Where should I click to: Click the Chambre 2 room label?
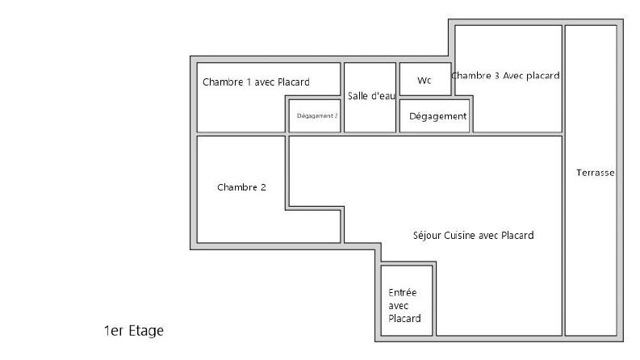(x=241, y=187)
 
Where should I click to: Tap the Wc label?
(x=425, y=80)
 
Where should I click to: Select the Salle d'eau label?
(x=371, y=96)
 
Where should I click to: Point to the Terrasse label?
(x=596, y=173)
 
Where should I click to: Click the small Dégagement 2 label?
(x=317, y=115)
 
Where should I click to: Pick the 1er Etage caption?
(x=133, y=331)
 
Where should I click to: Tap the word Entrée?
(x=403, y=292)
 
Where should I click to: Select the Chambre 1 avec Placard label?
(x=256, y=82)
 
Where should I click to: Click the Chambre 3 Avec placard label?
(x=506, y=76)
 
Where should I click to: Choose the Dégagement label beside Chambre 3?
(x=437, y=116)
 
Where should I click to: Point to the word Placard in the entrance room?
(x=404, y=318)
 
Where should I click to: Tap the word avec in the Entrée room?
(x=399, y=305)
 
